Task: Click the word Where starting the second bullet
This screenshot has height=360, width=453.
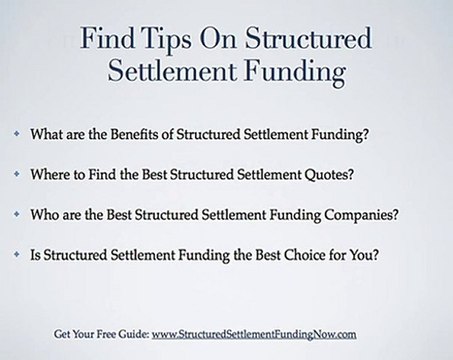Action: point(50,173)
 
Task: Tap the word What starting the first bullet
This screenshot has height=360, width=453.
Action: point(48,133)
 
